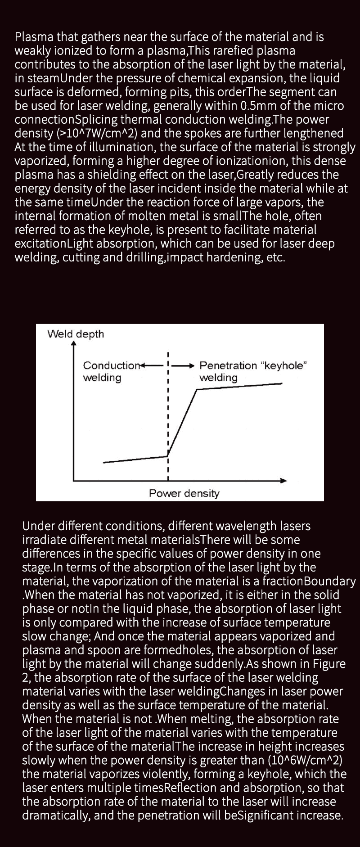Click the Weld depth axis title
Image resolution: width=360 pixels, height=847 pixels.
76,334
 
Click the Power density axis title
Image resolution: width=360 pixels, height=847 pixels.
184,493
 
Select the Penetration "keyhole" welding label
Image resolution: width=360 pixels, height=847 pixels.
253,371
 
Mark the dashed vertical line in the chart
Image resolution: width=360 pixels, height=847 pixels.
167,414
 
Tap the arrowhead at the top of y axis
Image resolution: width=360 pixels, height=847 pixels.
74,343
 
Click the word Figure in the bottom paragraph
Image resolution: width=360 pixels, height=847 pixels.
329,663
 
